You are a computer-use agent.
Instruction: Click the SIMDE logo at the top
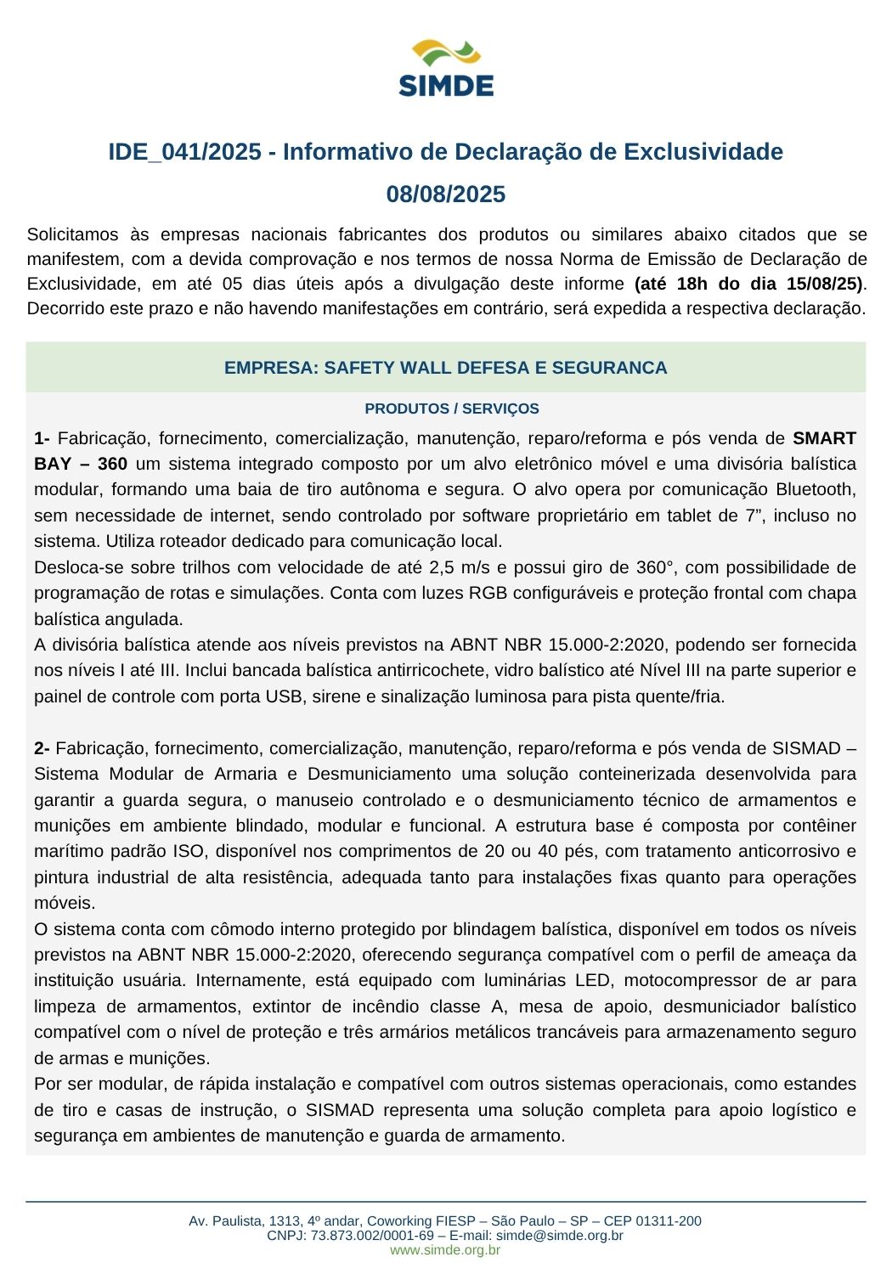446,68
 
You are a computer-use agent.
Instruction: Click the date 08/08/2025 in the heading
446,194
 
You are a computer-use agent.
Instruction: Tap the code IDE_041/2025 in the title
184,152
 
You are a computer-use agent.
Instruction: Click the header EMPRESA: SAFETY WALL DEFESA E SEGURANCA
446,368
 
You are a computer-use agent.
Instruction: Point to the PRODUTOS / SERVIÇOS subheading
452,409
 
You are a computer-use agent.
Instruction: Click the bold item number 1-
42,438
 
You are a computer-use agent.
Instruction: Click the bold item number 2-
42,748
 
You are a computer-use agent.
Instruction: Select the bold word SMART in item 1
824,438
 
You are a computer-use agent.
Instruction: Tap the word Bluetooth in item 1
816,489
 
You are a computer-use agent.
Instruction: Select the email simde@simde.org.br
560,1236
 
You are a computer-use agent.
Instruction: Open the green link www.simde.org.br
445,1250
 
